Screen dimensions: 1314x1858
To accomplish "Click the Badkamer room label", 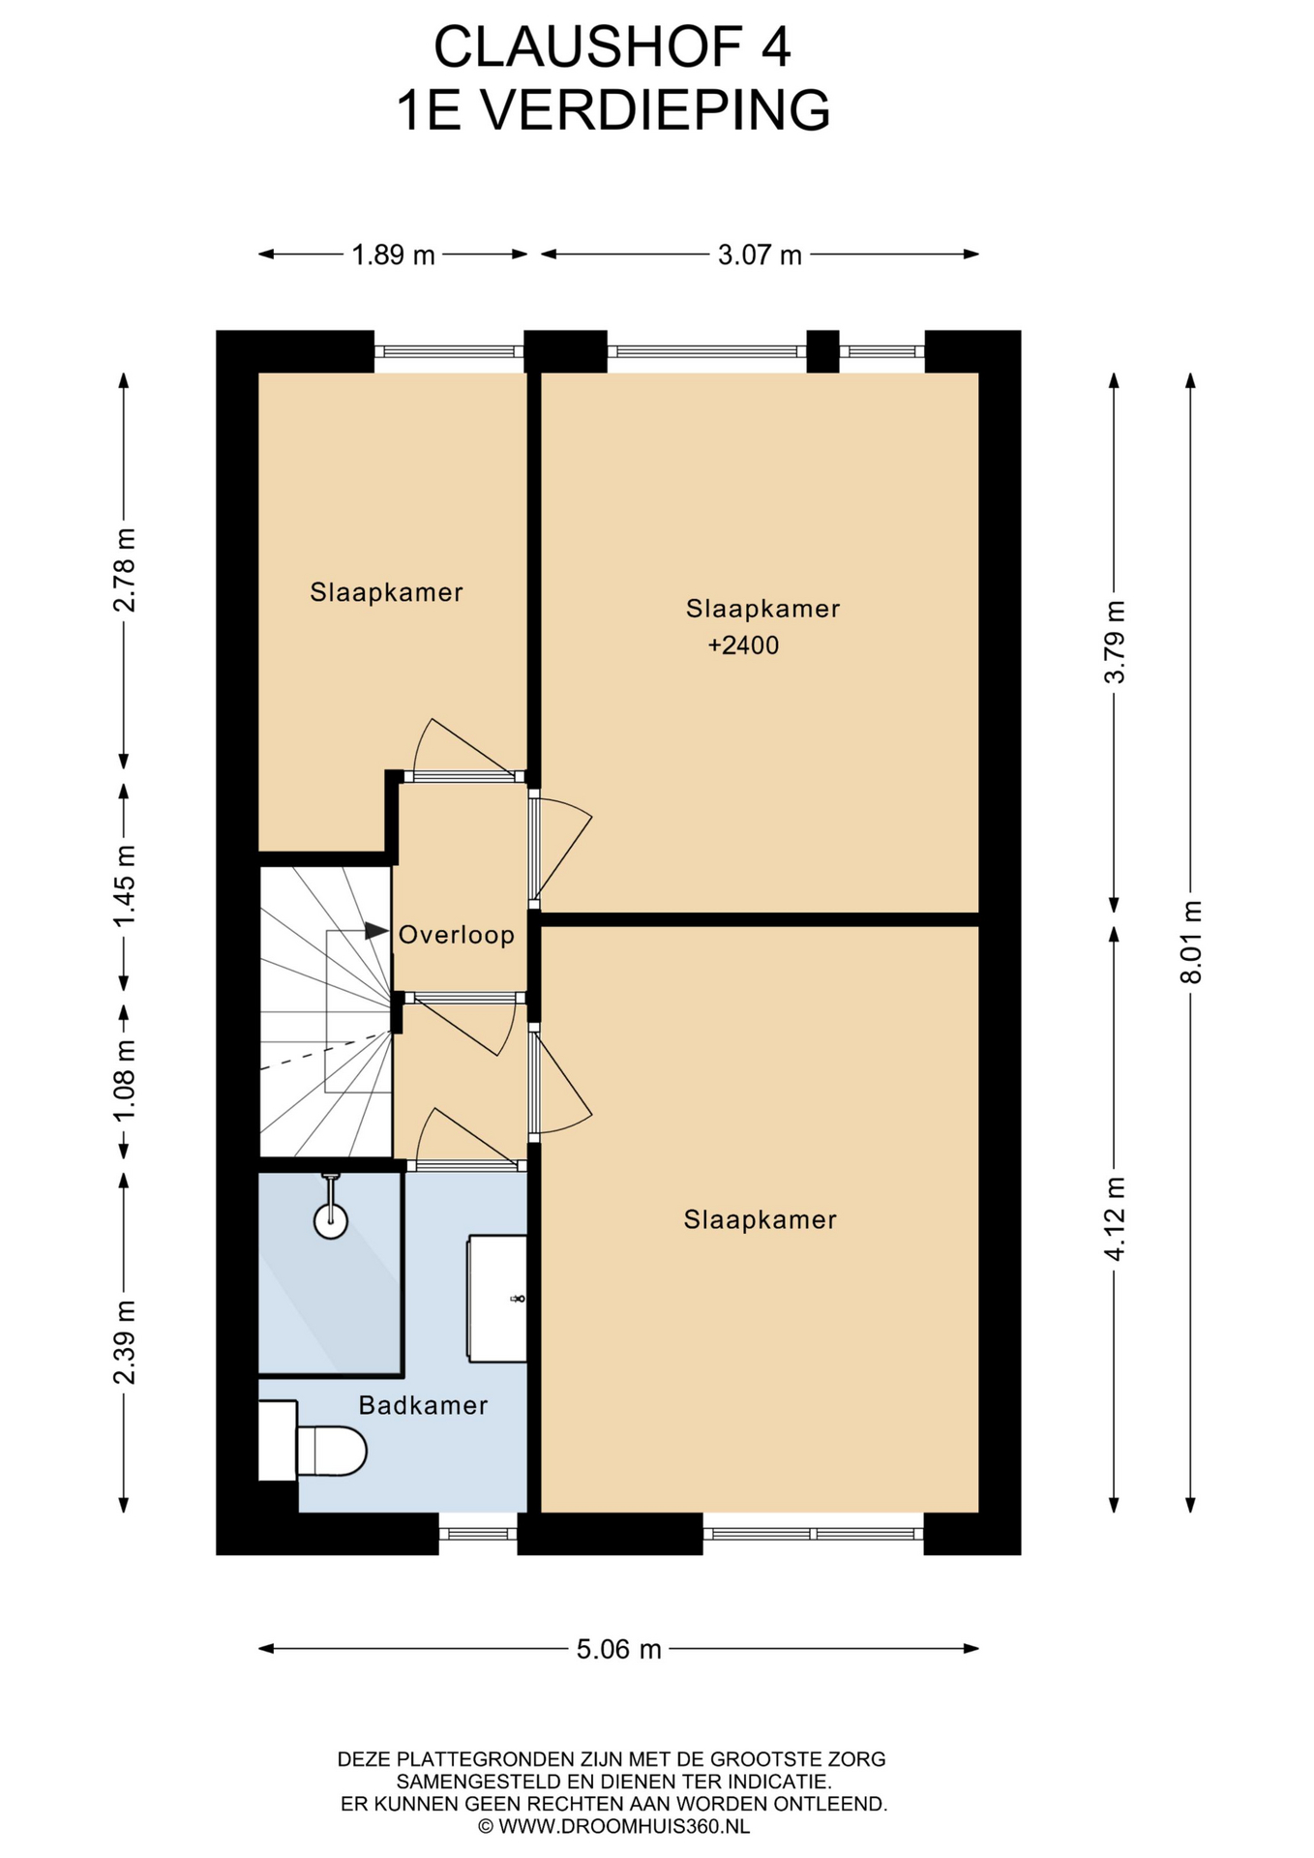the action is pyautogui.click(x=423, y=1405).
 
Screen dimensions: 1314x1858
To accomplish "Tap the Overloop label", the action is pyautogui.click(x=457, y=935).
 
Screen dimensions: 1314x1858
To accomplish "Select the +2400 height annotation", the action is pyautogui.click(x=743, y=645).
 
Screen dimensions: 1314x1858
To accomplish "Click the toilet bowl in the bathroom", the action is pyautogui.click(x=332, y=1452).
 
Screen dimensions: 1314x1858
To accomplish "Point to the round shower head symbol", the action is pyautogui.click(x=331, y=1221).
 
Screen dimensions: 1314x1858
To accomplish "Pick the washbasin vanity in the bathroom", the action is pyautogui.click(x=497, y=1299).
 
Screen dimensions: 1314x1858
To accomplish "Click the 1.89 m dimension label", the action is pyautogui.click(x=393, y=255).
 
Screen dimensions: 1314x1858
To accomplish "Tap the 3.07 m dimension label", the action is pyautogui.click(x=760, y=255).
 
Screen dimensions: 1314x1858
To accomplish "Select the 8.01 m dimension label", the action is pyautogui.click(x=1191, y=942).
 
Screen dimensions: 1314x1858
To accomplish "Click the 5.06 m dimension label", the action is pyautogui.click(x=619, y=1649).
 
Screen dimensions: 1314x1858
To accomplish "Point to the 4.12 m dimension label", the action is pyautogui.click(x=1115, y=1218).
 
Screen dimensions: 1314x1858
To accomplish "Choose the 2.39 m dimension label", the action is pyautogui.click(x=124, y=1342).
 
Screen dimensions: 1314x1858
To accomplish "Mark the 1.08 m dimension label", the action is pyautogui.click(x=124, y=1081).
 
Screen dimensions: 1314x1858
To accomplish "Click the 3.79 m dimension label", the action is pyautogui.click(x=1115, y=643).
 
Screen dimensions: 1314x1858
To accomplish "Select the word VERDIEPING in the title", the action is pyautogui.click(x=656, y=110).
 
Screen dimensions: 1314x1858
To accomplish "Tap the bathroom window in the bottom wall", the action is pyautogui.click(x=478, y=1533).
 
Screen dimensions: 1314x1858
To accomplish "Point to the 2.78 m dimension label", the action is pyautogui.click(x=124, y=570).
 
